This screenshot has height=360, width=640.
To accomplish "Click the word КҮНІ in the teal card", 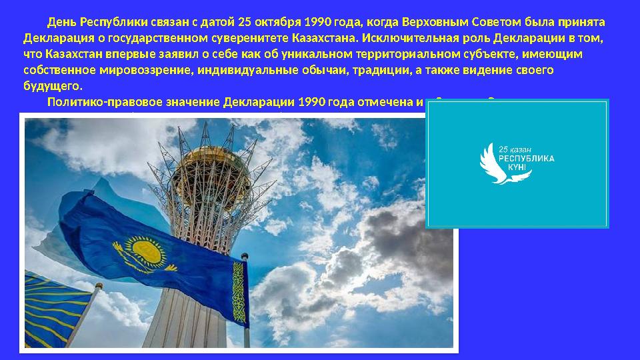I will [x=519, y=168].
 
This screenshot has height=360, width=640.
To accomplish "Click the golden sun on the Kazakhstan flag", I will [x=145, y=251].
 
